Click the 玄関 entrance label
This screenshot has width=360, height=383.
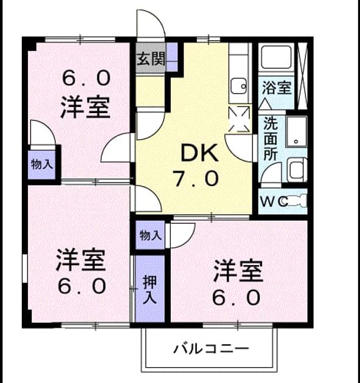click(x=151, y=58)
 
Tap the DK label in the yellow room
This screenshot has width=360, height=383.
click(x=199, y=153)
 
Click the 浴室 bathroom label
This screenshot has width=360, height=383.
click(x=277, y=88)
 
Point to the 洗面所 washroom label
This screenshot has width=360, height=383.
click(x=271, y=139)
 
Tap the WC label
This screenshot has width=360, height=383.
click(x=274, y=202)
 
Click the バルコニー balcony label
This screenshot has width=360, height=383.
click(x=211, y=348)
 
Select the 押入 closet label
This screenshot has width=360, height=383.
click(x=150, y=289)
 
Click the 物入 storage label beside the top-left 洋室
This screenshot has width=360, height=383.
click(x=42, y=164)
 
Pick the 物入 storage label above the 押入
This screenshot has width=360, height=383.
click(x=150, y=235)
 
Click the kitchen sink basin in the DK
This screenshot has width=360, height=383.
click(x=239, y=86)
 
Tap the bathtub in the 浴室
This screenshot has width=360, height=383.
click(x=276, y=57)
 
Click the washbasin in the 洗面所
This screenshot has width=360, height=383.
click(x=297, y=132)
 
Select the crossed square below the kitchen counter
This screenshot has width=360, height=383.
click(x=239, y=119)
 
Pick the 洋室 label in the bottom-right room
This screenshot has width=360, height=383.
click(x=238, y=271)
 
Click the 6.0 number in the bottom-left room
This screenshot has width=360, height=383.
click(x=82, y=286)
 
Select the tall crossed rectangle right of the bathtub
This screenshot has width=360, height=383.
click(x=302, y=76)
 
